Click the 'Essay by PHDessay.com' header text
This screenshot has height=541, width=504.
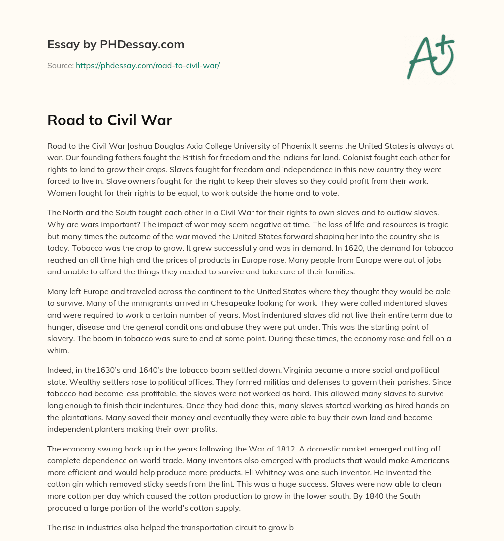(x=116, y=45)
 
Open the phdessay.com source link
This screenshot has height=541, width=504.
(x=147, y=65)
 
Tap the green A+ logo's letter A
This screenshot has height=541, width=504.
(x=419, y=60)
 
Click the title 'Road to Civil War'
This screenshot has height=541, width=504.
(x=109, y=120)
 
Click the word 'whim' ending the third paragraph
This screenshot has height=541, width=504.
(x=57, y=351)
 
